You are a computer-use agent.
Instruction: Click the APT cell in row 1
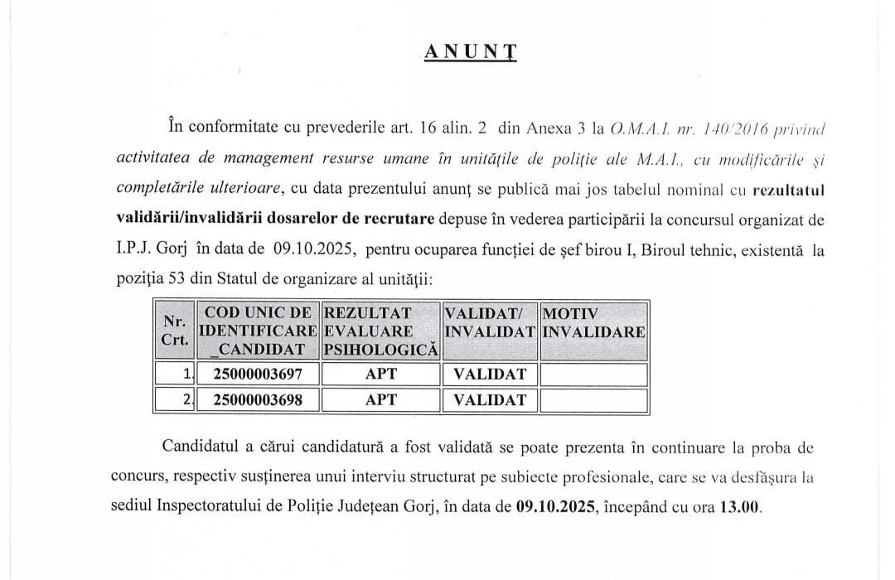point(381,374)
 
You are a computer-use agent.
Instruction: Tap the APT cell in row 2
point(381,400)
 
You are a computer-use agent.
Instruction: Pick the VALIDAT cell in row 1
point(490,374)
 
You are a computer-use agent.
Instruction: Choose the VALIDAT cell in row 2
point(490,400)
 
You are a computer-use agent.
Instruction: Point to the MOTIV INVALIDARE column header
point(593,322)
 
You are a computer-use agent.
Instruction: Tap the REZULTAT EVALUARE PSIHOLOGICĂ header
point(380,331)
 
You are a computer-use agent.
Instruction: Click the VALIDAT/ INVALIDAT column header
point(490,322)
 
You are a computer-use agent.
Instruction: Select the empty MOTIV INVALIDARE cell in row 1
point(593,374)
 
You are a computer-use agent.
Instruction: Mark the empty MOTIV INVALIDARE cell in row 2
point(593,400)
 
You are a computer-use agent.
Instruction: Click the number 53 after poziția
point(176,279)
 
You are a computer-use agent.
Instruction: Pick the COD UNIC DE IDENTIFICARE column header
point(259,331)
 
